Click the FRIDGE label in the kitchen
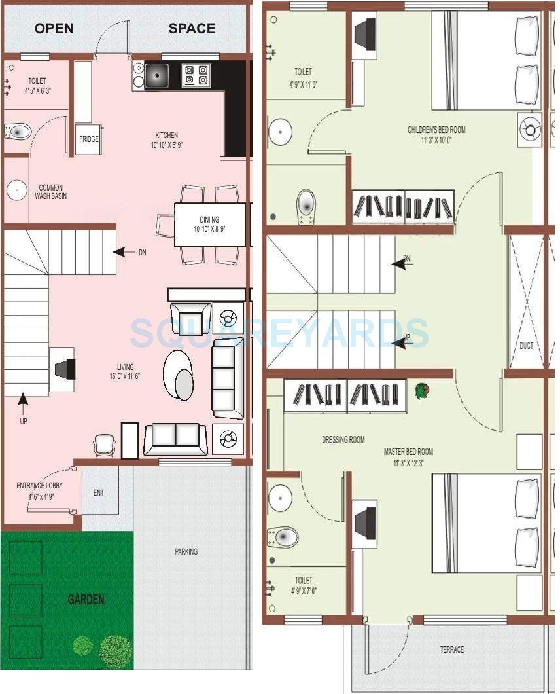(89, 139)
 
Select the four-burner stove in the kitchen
(196, 75)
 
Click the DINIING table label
(209, 220)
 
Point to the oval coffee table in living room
(179, 375)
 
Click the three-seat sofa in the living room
(227, 379)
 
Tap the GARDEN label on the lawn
(86, 599)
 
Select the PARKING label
(186, 551)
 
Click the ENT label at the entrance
(98, 492)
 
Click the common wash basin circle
(16, 191)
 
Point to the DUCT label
(526, 346)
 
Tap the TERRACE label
(451, 649)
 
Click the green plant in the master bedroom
(422, 391)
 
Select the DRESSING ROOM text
(343, 440)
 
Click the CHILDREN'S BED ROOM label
(436, 130)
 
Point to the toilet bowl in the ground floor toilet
(18, 132)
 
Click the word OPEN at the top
(54, 29)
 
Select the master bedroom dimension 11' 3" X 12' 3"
(408, 463)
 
